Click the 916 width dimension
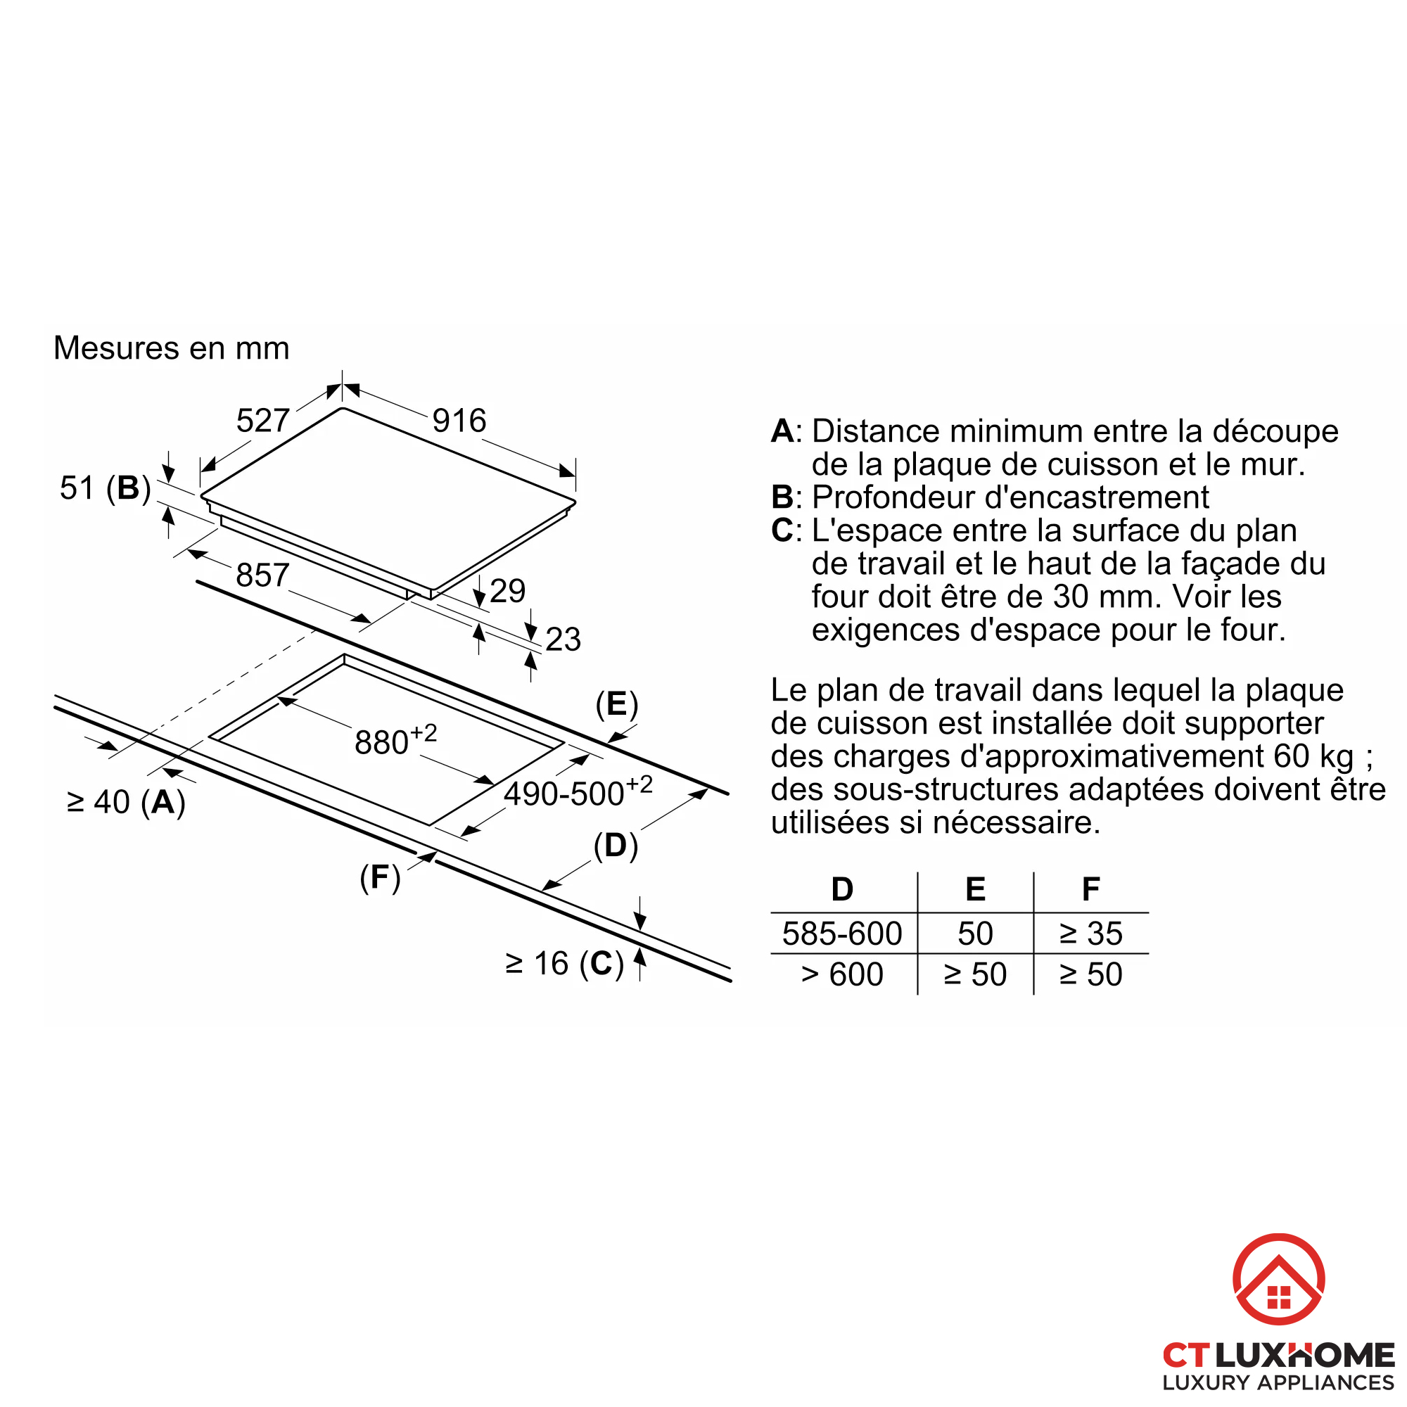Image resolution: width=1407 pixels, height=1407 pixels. (x=459, y=421)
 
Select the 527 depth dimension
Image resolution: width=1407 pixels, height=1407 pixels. (x=263, y=421)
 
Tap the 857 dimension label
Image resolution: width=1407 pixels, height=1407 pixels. (x=262, y=575)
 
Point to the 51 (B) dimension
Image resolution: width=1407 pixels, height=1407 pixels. (x=105, y=488)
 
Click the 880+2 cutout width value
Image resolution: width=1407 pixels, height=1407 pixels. (x=395, y=741)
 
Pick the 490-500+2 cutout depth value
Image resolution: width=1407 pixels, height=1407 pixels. (x=578, y=791)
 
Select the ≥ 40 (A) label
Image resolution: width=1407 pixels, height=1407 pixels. (x=126, y=803)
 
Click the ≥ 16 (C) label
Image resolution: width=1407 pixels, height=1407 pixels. (x=565, y=964)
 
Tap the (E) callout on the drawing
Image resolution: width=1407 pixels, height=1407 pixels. (x=616, y=705)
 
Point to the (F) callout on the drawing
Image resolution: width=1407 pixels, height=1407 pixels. (x=380, y=877)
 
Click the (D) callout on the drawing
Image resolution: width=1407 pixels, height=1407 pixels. (x=616, y=846)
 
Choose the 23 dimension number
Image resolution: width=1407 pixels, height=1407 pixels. (x=563, y=639)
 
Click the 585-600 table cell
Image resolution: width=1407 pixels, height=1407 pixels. (x=842, y=934)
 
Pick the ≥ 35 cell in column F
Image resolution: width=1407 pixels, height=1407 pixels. (x=1090, y=934)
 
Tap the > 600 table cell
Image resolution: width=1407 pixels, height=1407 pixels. (x=842, y=974)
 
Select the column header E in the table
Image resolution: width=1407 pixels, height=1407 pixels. (x=975, y=889)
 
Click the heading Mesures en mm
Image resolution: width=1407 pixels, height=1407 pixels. (x=172, y=348)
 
